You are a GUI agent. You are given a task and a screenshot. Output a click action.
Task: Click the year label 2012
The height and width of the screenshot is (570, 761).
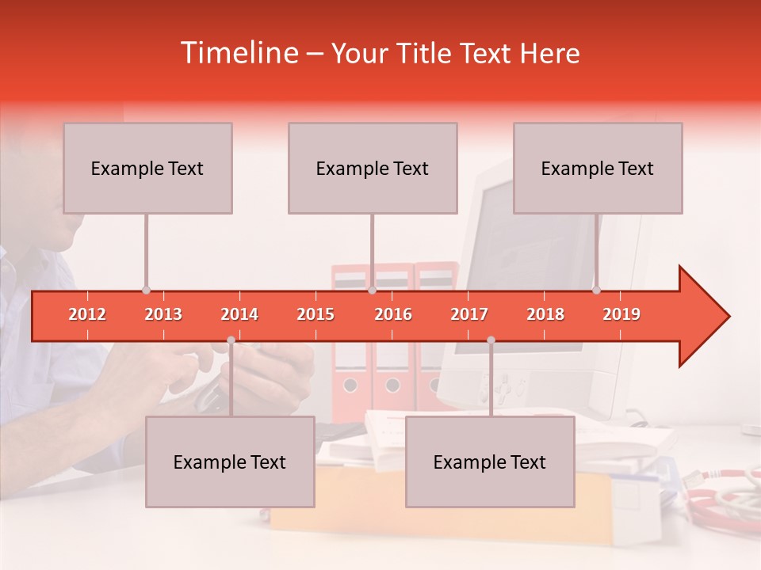pyautogui.click(x=87, y=314)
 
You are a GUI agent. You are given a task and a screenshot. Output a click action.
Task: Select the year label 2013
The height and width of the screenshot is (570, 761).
pyautogui.click(x=163, y=314)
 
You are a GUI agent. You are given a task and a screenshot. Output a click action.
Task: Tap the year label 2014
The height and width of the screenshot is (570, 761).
pyautogui.click(x=239, y=314)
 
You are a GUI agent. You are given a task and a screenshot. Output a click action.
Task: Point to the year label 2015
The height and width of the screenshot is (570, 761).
pyautogui.click(x=315, y=314)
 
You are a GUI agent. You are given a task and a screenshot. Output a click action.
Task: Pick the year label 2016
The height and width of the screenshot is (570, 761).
pyautogui.click(x=393, y=314)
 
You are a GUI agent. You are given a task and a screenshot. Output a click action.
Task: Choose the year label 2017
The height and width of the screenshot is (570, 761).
pyautogui.click(x=469, y=314)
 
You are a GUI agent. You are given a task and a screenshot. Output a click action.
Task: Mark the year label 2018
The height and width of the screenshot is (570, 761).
pyautogui.click(x=545, y=314)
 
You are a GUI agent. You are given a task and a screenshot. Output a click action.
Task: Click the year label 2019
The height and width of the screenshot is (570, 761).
pyautogui.click(x=621, y=314)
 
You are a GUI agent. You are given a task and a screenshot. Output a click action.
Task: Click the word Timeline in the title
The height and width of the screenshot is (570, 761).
pyautogui.click(x=238, y=53)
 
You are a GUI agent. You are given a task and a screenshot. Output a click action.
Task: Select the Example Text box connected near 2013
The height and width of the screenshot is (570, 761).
pyautogui.click(x=147, y=168)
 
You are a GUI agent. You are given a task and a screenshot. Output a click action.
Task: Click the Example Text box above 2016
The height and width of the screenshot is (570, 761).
pyautogui.click(x=373, y=168)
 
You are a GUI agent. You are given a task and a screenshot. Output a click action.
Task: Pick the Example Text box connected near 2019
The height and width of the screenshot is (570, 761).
pyautogui.click(x=598, y=168)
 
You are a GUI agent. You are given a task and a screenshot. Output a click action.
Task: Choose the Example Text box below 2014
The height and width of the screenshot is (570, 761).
pyautogui.click(x=230, y=462)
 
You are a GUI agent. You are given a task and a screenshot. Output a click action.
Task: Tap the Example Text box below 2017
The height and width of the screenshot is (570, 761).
pyautogui.click(x=490, y=462)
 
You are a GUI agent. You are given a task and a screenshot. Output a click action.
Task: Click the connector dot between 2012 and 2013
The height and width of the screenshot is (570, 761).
pyautogui.click(x=146, y=291)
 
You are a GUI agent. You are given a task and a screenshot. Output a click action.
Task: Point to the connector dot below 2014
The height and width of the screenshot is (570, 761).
pyautogui.click(x=231, y=340)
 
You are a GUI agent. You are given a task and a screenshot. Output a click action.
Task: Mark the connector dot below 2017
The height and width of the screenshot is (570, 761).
pyautogui.click(x=491, y=340)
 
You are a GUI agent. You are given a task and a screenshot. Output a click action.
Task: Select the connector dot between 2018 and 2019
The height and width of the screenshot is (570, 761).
pyautogui.click(x=596, y=291)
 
